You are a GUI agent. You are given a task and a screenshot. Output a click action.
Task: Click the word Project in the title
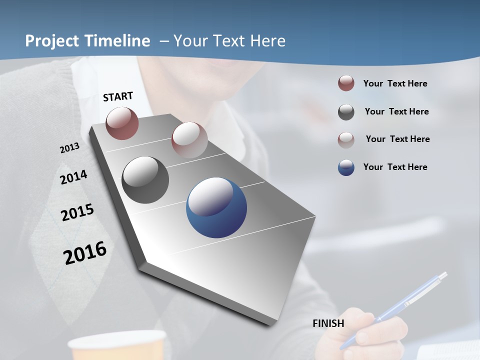click(52, 41)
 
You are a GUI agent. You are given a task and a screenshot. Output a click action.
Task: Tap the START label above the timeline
click(118, 96)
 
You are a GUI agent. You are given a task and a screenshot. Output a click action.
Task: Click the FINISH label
click(328, 323)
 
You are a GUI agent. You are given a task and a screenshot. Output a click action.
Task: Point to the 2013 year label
click(69, 148)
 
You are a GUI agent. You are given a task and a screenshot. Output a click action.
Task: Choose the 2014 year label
click(73, 177)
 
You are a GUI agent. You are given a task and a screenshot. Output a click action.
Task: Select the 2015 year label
click(77, 212)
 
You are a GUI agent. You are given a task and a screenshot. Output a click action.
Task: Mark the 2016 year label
click(85, 252)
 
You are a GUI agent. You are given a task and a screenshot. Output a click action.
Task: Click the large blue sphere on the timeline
click(216, 207)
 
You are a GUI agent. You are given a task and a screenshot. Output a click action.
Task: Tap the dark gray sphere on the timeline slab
click(145, 180)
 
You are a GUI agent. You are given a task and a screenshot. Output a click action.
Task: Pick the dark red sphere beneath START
click(122, 123)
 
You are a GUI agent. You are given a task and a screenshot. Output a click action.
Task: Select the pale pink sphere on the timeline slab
click(189, 139)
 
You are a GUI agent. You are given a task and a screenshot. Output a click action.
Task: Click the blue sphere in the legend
click(346, 167)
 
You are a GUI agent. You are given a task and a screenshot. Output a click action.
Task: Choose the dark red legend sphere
click(346, 83)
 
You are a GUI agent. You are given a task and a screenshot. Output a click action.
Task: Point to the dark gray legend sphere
click(346, 112)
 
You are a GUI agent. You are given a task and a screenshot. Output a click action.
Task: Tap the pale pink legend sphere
click(346, 139)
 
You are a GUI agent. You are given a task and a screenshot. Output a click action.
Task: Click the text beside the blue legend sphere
click(395, 167)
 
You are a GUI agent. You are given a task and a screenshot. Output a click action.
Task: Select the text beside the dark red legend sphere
click(395, 83)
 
